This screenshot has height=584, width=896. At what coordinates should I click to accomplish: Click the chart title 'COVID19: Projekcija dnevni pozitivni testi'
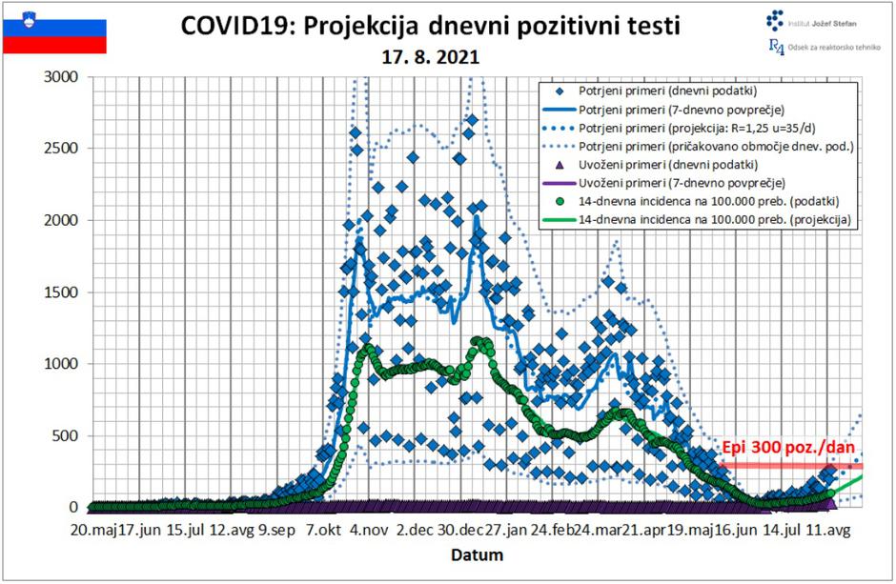click(430, 26)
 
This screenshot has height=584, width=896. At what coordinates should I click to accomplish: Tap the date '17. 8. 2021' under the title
click(430, 57)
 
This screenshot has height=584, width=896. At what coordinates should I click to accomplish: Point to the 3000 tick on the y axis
click(64, 76)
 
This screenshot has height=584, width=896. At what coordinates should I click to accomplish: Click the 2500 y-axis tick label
click(64, 149)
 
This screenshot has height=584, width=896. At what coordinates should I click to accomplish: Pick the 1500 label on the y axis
click(64, 292)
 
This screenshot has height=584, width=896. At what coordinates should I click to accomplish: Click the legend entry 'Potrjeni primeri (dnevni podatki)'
click(667, 92)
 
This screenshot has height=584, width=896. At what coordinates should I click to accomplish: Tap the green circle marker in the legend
click(560, 202)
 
